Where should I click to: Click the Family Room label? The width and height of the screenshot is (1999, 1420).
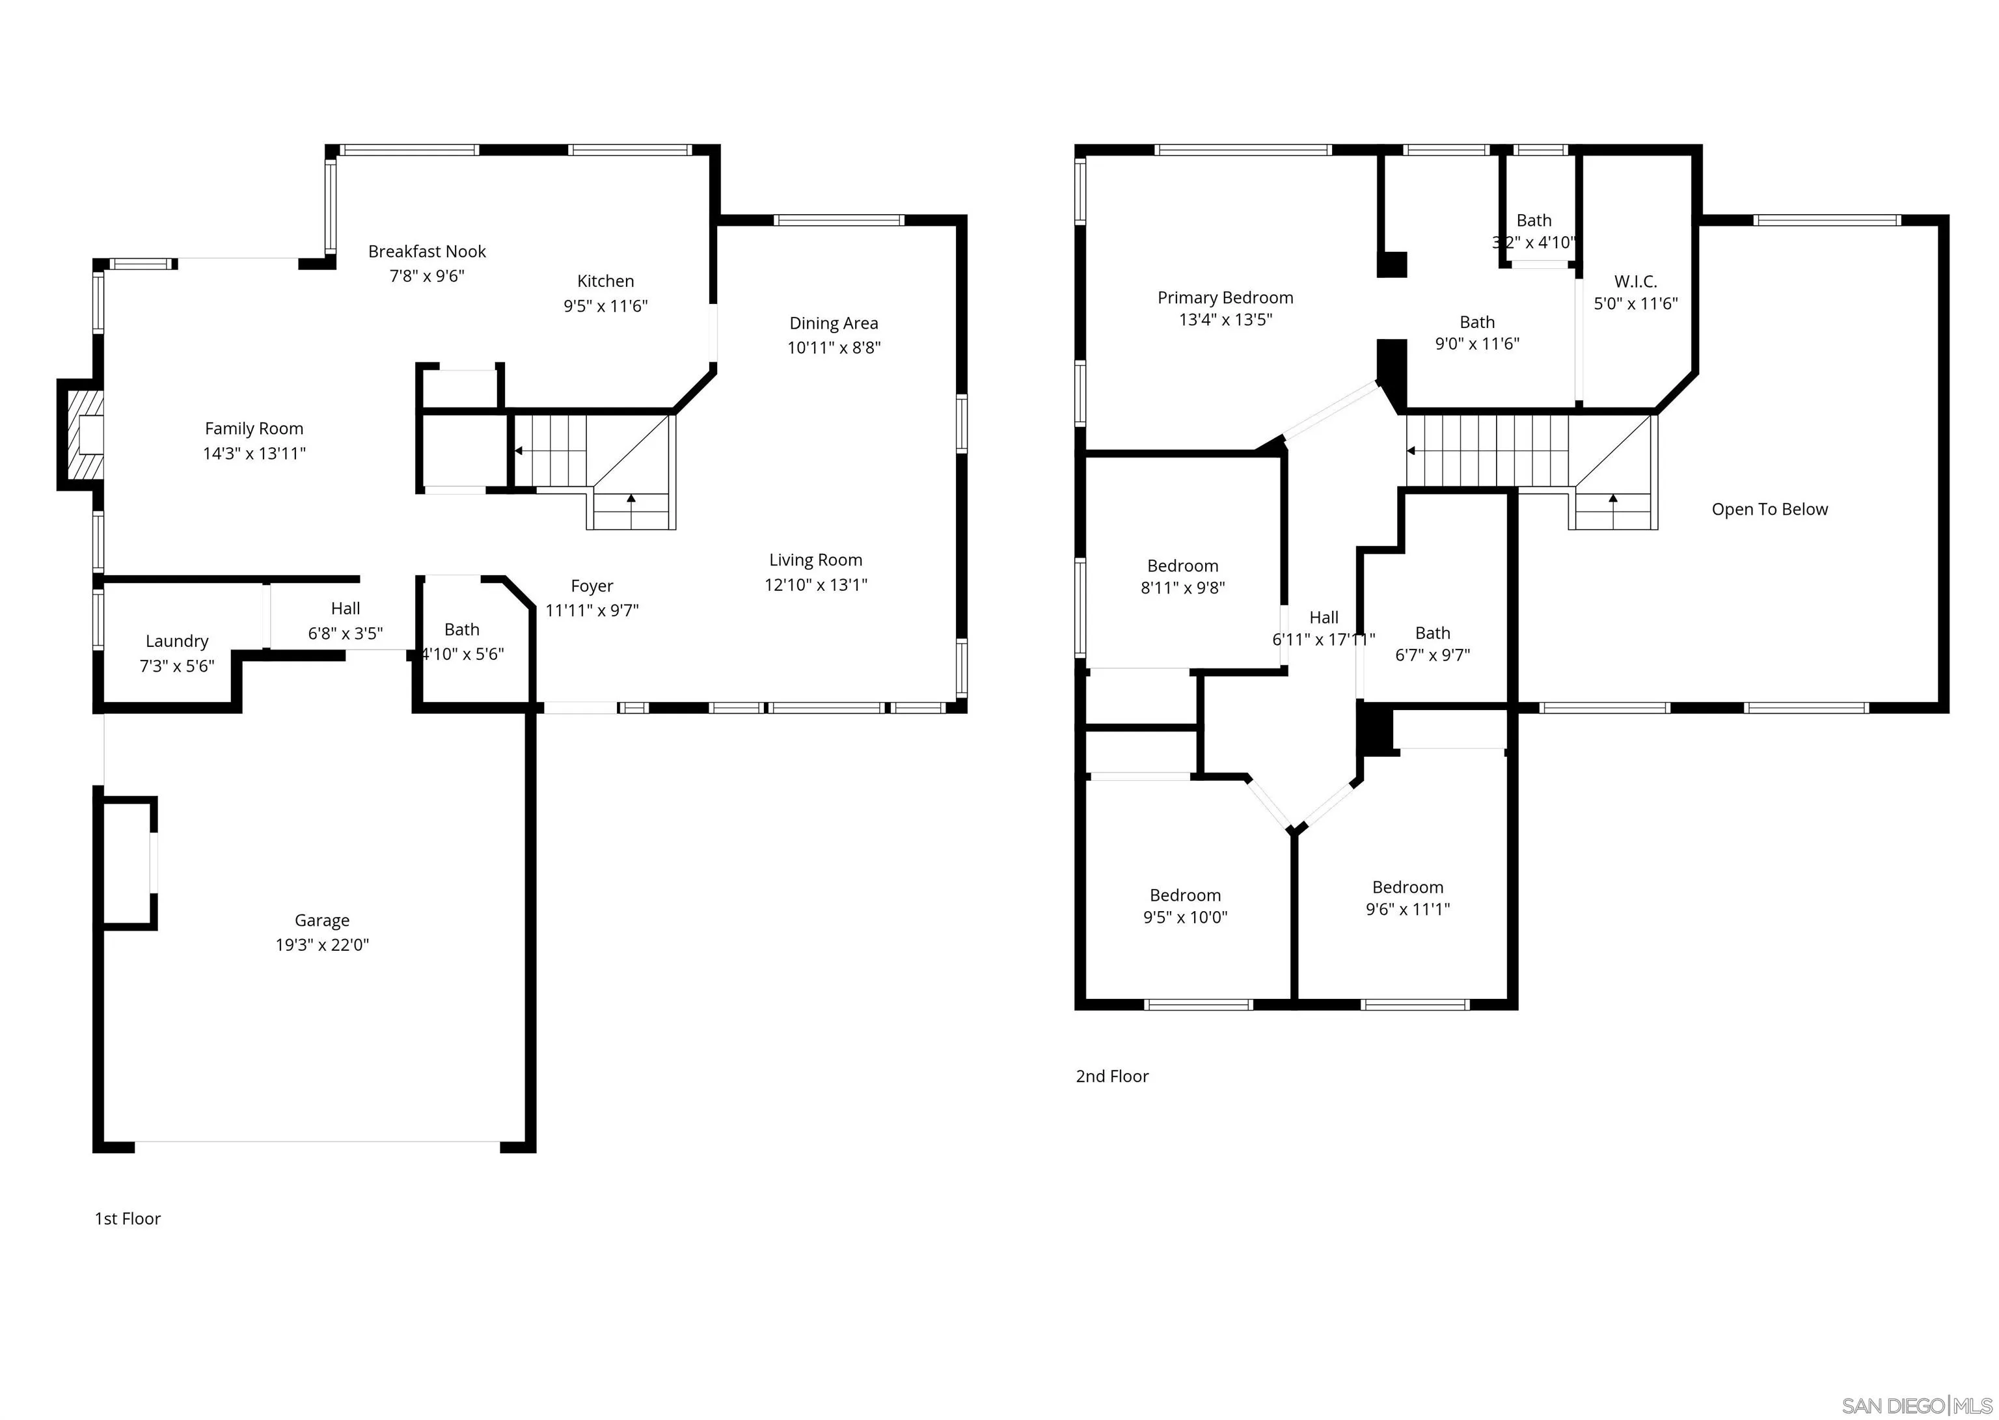pyautogui.click(x=254, y=428)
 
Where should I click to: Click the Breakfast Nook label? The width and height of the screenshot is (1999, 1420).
pyautogui.click(x=427, y=252)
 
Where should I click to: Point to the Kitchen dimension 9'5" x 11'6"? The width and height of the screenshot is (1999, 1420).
pyautogui.click(x=605, y=306)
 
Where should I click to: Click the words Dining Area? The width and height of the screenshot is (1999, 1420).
pyautogui.click(x=833, y=323)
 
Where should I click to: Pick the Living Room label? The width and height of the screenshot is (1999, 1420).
pyautogui.click(x=815, y=560)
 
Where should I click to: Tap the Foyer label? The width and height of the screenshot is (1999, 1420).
pyautogui.click(x=592, y=586)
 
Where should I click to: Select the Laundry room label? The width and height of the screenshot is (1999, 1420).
pyautogui.click(x=176, y=641)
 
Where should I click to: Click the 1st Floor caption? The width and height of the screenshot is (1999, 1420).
pyautogui.click(x=128, y=1218)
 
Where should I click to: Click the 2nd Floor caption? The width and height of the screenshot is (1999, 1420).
pyautogui.click(x=1112, y=1076)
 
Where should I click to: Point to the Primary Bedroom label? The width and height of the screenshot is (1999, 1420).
pyautogui.click(x=1225, y=297)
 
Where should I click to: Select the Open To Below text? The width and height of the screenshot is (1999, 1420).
pyautogui.click(x=1769, y=509)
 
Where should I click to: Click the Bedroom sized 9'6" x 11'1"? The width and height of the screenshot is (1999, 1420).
pyautogui.click(x=1407, y=888)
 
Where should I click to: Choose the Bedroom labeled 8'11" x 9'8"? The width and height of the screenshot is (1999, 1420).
pyautogui.click(x=1182, y=566)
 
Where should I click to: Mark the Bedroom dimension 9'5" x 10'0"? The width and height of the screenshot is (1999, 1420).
pyautogui.click(x=1184, y=917)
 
